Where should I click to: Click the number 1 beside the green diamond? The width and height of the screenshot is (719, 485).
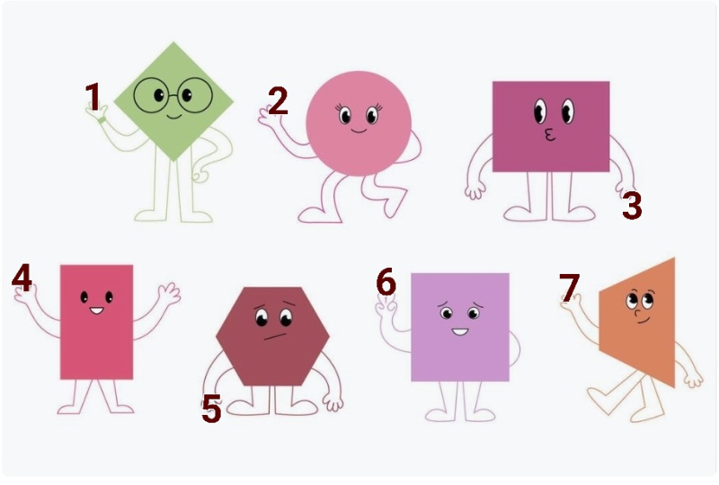tap(93, 97)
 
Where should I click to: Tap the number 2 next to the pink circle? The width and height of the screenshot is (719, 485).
tap(278, 101)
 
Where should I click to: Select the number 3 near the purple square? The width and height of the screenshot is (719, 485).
tap(632, 206)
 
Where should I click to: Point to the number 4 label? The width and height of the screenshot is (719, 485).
tap(22, 278)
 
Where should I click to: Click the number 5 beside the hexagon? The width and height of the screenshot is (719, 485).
tap(211, 409)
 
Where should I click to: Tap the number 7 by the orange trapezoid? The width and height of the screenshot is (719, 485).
tap(570, 287)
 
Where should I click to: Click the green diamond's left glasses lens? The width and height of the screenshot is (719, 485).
tap(152, 95)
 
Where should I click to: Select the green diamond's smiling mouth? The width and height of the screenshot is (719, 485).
tap(174, 117)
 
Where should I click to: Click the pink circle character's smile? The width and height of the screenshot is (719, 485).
tap(359, 131)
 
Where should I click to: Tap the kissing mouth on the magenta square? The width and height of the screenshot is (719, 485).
tap(549, 135)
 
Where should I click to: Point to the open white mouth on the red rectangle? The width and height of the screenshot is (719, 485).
tap(97, 311)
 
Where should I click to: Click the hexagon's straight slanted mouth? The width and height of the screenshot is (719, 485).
tap(275, 337)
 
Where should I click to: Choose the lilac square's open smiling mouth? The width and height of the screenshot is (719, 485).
tap(460, 331)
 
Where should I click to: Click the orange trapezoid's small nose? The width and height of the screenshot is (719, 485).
tap(637, 313)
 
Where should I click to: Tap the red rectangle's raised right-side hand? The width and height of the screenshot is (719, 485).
tap(169, 294)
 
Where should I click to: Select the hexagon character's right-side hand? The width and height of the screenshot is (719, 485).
tap(333, 403)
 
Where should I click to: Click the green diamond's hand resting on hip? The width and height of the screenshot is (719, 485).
tap(200, 175)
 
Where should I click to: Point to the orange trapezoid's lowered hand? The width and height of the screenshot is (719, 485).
tap(693, 379)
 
